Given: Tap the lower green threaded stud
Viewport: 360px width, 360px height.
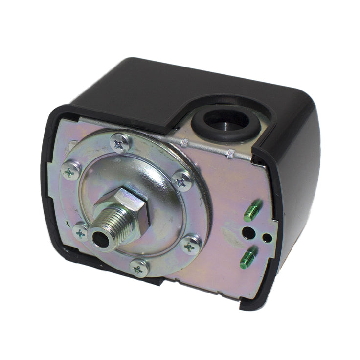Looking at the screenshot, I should tap(248, 258).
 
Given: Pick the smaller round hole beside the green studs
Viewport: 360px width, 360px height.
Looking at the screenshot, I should tap(266, 238).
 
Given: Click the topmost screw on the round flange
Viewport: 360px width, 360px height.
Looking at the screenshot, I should tap(120, 143).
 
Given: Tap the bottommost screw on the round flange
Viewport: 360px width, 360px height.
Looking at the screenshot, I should tap(139, 267).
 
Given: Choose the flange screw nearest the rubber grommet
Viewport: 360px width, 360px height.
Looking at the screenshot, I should tap(182, 181).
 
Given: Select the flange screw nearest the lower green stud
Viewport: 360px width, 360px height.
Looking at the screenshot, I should tap(190, 244).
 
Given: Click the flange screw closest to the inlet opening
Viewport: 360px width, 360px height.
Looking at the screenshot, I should tap(81, 233).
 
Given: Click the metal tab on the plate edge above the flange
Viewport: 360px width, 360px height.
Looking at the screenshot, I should tap(184, 143).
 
